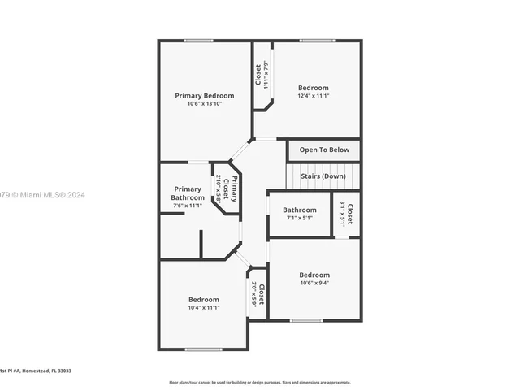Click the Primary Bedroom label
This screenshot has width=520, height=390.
(x=204, y=95)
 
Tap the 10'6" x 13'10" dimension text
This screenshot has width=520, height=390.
(x=204, y=103)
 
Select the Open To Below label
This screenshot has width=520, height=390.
(x=324, y=149)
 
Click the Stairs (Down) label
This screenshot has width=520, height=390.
(x=323, y=175)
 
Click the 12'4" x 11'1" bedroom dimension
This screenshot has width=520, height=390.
(x=313, y=96)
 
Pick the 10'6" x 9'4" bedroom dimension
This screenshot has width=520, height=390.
(x=314, y=283)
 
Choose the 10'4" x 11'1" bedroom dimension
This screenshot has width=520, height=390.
(x=203, y=308)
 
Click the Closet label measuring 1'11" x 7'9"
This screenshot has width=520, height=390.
(x=258, y=76)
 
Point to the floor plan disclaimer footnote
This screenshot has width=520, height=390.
(x=259, y=382)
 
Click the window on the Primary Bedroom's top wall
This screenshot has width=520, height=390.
(x=198, y=41)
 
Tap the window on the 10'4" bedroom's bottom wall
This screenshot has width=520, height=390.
(x=202, y=349)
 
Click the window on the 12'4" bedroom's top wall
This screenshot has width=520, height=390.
(x=316, y=41)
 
